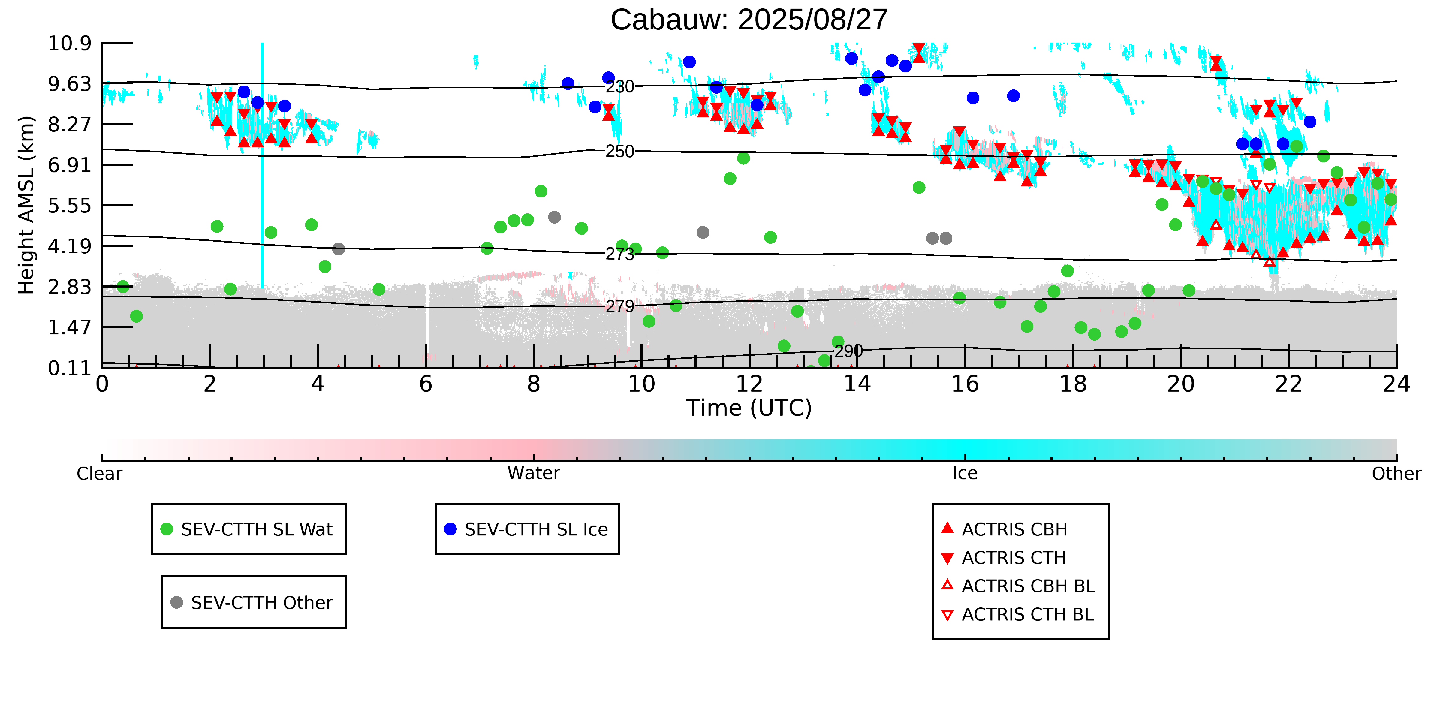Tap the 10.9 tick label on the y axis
click(x=69, y=43)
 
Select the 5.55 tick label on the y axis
click(x=69, y=206)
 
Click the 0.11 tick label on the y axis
click(x=69, y=368)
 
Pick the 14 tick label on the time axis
click(x=857, y=384)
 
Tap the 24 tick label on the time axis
click(x=1396, y=384)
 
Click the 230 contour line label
click(x=620, y=87)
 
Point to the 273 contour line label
click(x=620, y=254)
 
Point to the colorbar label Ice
click(x=965, y=474)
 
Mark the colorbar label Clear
click(x=100, y=474)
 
